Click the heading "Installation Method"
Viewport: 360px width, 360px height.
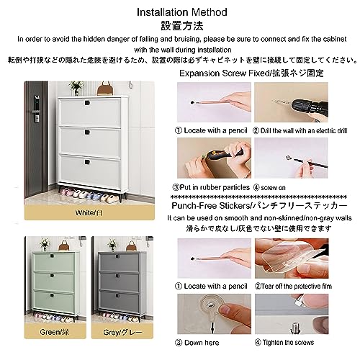click(x=182, y=12)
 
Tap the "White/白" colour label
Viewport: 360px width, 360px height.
click(x=89, y=212)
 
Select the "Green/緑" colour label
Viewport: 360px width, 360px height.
click(x=55, y=332)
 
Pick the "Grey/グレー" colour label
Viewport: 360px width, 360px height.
click(x=122, y=332)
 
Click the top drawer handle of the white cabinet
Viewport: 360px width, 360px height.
click(x=87, y=103)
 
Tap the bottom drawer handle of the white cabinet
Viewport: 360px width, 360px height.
click(x=87, y=162)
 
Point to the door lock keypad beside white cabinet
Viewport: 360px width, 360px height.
click(x=37, y=109)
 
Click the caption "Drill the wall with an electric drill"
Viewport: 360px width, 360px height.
click(x=304, y=130)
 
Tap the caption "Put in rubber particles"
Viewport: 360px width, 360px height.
click(x=215, y=187)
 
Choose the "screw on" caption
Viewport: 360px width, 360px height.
click(x=273, y=188)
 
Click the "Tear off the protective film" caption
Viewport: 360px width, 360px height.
click(x=297, y=286)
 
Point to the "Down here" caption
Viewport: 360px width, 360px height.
click(x=202, y=343)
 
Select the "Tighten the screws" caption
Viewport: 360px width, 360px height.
click(x=288, y=342)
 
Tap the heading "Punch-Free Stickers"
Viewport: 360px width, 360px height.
click(x=210, y=206)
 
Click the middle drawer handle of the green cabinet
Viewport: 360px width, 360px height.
click(x=52, y=276)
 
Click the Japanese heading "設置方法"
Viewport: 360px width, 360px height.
click(x=182, y=26)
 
